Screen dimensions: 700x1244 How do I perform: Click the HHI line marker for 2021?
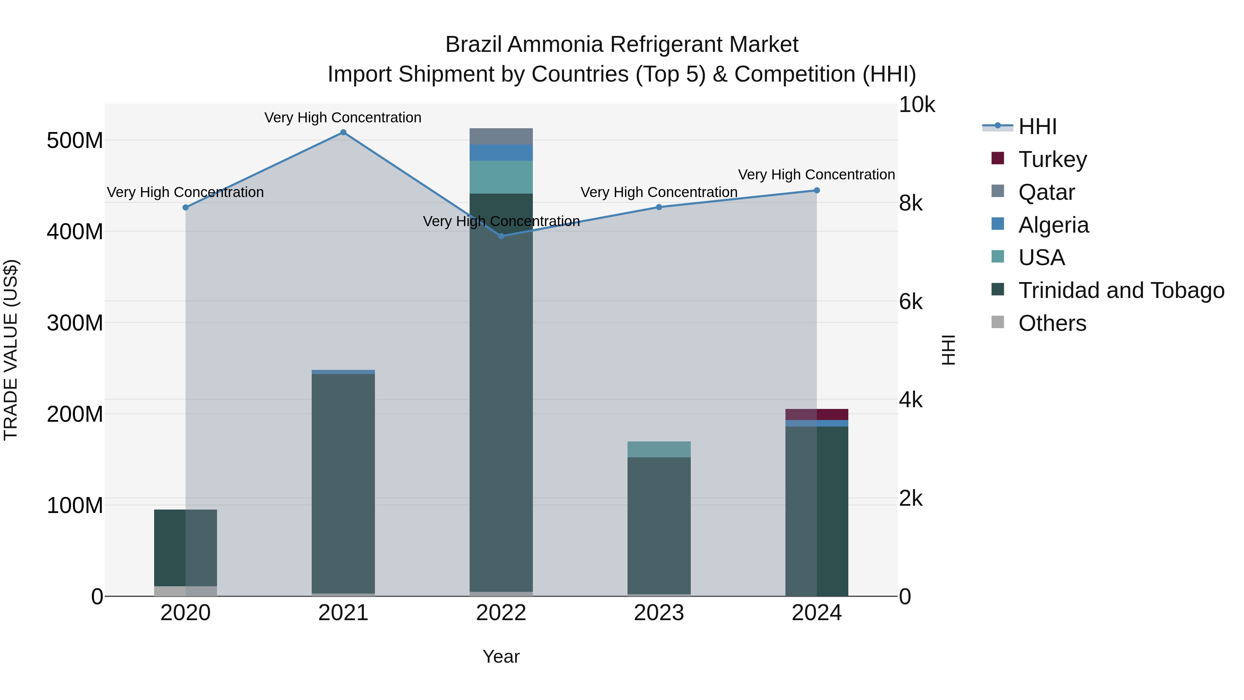tap(343, 132)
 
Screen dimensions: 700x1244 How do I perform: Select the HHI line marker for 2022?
tap(501, 236)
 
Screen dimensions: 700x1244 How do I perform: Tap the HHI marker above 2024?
tap(817, 190)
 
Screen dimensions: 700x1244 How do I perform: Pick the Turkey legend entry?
tap(1052, 159)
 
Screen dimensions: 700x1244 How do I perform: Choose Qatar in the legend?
tap(1046, 192)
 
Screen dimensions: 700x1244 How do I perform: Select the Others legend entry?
tap(1052, 323)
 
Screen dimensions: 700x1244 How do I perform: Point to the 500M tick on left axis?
tap(75, 141)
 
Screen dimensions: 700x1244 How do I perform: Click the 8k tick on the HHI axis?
tap(910, 203)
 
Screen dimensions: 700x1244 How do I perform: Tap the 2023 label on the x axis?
tap(659, 613)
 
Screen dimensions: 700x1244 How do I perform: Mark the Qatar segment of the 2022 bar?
tap(501, 136)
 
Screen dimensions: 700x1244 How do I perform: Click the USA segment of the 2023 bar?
tap(659, 449)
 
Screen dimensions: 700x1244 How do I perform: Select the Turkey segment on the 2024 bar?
tap(817, 414)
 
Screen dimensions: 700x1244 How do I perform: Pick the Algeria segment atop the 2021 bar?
tap(343, 372)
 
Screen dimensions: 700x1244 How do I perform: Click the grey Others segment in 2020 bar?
tap(186, 591)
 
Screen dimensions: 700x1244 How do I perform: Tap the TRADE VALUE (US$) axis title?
tap(11, 350)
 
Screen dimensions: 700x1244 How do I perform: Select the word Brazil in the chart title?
tap(475, 45)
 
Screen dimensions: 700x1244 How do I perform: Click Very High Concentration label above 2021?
tap(343, 118)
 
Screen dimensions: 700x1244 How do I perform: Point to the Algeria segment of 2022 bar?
tap(501, 153)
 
